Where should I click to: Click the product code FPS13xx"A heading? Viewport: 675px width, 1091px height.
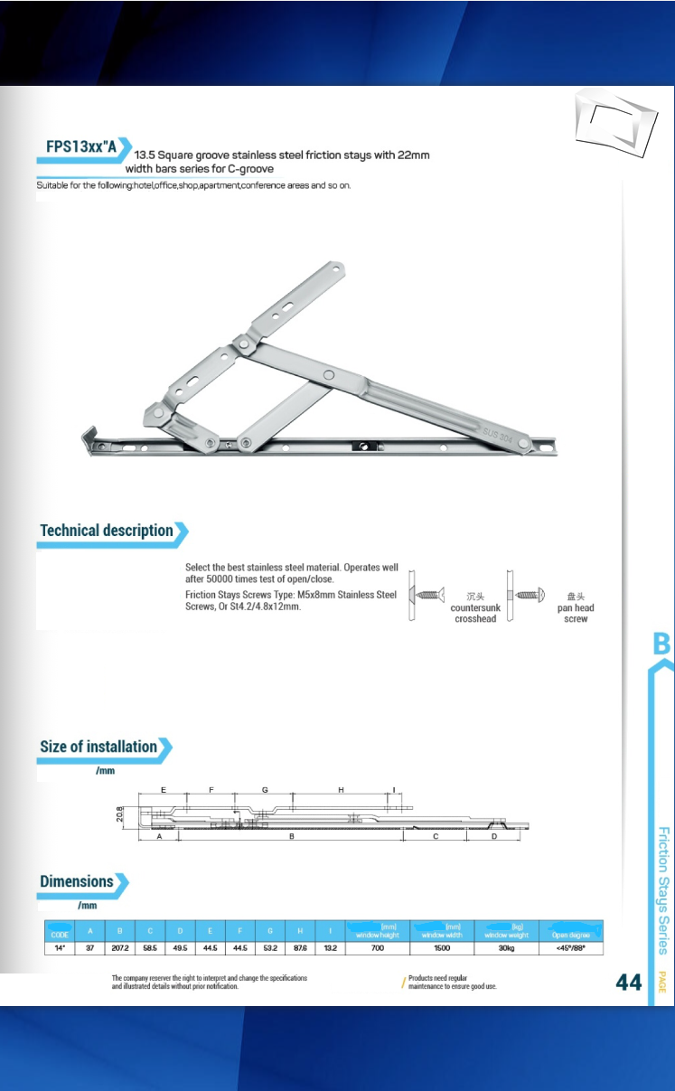[x=81, y=146]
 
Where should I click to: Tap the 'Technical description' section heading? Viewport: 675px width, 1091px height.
[x=107, y=531]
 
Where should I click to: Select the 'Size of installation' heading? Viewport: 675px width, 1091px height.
[x=98, y=747]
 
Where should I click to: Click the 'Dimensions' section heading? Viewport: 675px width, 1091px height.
[x=77, y=881]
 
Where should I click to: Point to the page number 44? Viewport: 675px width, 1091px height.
[x=629, y=983]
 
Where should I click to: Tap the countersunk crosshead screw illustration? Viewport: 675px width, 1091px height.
[x=429, y=595]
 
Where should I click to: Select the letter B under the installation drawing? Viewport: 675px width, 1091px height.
[x=292, y=837]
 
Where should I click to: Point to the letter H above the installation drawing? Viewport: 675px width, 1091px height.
[x=342, y=790]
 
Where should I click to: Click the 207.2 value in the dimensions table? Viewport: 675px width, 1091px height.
[x=119, y=948]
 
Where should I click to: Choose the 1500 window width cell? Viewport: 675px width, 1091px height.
[x=442, y=948]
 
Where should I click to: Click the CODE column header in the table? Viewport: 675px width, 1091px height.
[x=60, y=934]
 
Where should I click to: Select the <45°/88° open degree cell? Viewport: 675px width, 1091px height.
[x=571, y=948]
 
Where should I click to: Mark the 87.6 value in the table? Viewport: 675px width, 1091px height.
[x=300, y=948]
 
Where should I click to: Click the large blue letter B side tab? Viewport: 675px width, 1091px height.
[x=661, y=644]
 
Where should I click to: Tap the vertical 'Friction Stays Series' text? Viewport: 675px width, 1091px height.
[x=662, y=890]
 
